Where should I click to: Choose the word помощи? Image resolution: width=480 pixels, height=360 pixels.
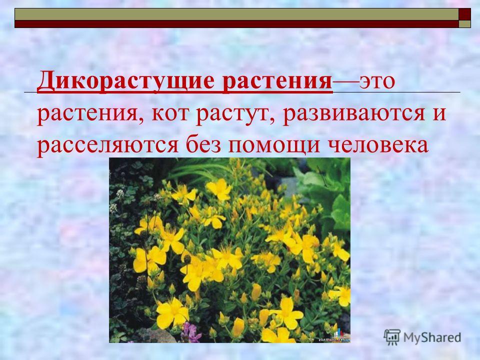(x=274, y=145)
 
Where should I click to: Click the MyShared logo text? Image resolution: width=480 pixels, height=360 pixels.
(x=432, y=337)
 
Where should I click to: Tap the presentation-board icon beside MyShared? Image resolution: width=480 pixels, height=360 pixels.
(x=392, y=337)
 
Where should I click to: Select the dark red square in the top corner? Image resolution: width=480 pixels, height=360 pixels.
(x=464, y=14)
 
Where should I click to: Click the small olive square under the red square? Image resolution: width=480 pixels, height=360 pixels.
(x=464, y=24)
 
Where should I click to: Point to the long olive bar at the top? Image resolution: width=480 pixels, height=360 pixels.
(x=236, y=14)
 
